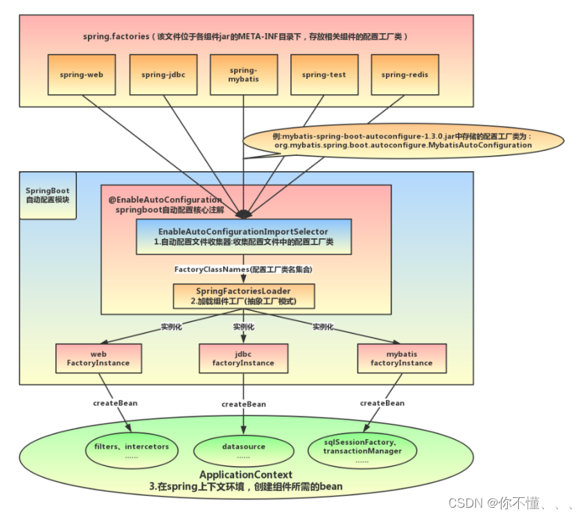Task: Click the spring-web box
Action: [81, 74]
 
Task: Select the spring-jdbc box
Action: [163, 74]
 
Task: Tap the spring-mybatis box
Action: [243, 74]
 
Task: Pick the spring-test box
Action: [324, 74]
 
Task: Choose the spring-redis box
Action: [404, 74]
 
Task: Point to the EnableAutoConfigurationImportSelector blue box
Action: [243, 237]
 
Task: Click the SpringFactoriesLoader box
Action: [243, 296]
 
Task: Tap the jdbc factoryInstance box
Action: [243, 358]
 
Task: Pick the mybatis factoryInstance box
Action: [401, 358]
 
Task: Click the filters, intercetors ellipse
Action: [132, 451]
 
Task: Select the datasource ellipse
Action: [243, 451]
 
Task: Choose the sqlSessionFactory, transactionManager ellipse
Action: [362, 451]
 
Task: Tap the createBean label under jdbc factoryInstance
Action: [243, 404]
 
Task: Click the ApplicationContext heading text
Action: [245, 475]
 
